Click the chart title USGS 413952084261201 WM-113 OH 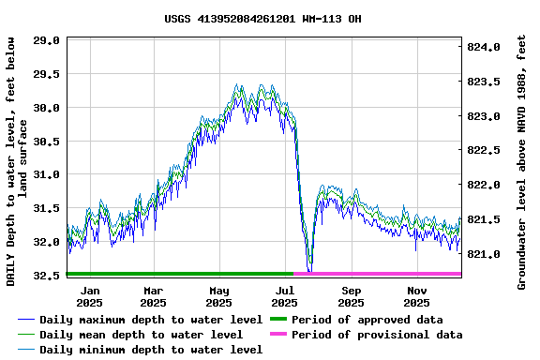click(262, 19)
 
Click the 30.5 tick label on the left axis click(48, 142)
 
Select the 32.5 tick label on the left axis click(48, 276)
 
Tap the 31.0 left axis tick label click(48, 175)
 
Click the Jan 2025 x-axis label click(89, 296)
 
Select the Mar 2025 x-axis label click(153, 296)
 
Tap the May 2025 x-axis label click(218, 296)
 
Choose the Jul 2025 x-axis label click(284, 296)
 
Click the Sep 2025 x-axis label click(351, 296)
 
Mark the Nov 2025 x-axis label click(417, 296)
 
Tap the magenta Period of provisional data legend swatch click(277, 335)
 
